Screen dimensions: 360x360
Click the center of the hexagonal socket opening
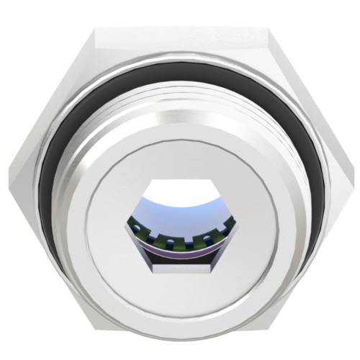pyautogui.click(x=179, y=225)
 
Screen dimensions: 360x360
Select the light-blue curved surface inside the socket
pyautogui.click(x=180, y=216)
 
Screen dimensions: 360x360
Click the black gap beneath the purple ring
pyautogui.click(x=180, y=261)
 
